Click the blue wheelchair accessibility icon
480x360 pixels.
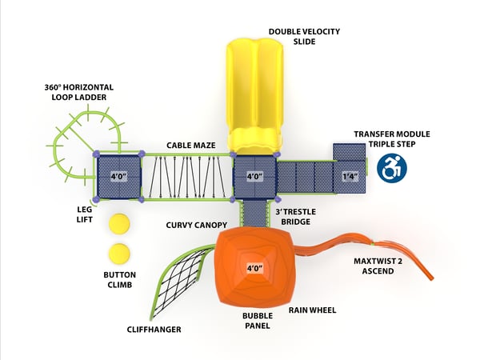[x=392, y=167]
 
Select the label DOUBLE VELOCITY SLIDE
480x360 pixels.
[x=304, y=36]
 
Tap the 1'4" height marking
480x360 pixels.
[x=349, y=176]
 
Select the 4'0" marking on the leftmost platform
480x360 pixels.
[x=118, y=176]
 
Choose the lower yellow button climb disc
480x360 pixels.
[x=119, y=254]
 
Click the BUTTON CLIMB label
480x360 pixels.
[x=119, y=279]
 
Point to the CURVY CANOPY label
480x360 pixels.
[x=197, y=225]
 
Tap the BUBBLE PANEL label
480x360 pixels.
[x=258, y=322]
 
